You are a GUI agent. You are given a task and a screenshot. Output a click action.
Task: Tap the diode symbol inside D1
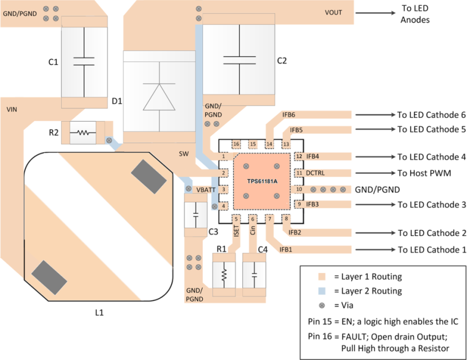(x=159, y=95)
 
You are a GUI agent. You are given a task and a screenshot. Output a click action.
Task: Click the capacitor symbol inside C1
(x=84, y=61)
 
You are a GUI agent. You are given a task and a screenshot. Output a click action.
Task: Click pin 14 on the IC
(x=269, y=144)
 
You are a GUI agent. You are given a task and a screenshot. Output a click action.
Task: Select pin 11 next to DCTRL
(x=299, y=172)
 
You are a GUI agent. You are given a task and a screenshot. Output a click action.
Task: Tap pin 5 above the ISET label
(x=237, y=219)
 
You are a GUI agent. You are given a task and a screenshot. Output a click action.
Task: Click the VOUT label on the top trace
(x=333, y=12)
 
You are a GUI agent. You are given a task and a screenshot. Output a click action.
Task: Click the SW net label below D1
(x=184, y=155)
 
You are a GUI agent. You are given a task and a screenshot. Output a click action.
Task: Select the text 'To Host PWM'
(x=420, y=173)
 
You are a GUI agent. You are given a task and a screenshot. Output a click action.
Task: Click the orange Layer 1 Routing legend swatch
(x=322, y=276)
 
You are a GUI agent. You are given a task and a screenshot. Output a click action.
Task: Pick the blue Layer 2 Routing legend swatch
(x=322, y=291)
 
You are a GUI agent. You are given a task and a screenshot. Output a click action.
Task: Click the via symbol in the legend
(x=322, y=306)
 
